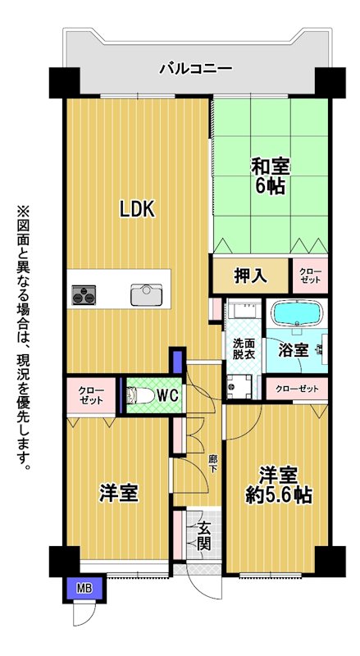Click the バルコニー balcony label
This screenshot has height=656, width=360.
[195, 68]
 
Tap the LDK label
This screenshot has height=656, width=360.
[137, 209]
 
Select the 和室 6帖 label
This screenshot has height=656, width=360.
[270, 176]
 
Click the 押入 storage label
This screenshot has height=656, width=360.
[250, 276]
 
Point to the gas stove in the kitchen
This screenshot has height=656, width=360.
[84, 295]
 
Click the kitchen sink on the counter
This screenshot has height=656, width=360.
[146, 294]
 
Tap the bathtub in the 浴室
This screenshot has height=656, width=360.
[296, 313]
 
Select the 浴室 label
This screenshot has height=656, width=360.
[294, 350]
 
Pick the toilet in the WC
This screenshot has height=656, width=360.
[140, 396]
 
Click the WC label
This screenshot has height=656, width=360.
[169, 394]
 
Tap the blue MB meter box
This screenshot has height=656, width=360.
[84, 589]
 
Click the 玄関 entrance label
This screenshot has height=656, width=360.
[203, 537]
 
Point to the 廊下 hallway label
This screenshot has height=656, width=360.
[213, 463]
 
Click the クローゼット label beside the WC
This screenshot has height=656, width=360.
[91, 396]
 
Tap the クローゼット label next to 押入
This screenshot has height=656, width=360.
[310, 275]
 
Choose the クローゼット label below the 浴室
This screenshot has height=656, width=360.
[297, 389]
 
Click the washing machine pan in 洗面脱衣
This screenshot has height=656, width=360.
[239, 386]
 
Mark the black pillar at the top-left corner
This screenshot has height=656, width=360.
[65, 83]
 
